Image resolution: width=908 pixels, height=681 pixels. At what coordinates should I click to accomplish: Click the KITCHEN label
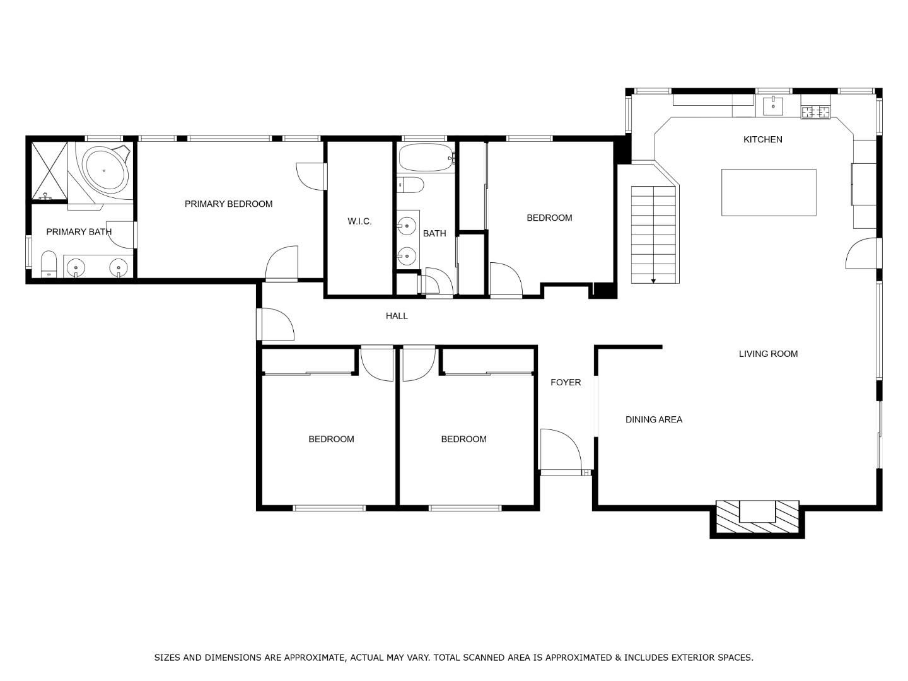click(x=762, y=140)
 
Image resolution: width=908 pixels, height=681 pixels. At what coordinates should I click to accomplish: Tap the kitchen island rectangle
click(x=769, y=192)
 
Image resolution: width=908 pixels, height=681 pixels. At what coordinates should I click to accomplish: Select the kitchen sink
click(x=772, y=105)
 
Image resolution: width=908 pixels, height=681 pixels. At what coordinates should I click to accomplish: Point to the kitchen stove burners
click(x=816, y=112)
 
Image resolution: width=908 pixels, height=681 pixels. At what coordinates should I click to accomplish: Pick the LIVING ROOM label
click(x=768, y=354)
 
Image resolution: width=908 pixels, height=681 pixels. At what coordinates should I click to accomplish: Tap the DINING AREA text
click(x=654, y=420)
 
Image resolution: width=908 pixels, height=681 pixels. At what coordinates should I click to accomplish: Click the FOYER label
click(x=566, y=383)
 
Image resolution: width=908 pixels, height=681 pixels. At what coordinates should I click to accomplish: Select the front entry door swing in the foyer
click(x=561, y=450)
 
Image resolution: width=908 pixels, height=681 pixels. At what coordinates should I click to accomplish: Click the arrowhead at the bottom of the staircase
click(x=653, y=281)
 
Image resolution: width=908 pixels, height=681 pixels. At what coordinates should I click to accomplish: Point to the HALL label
click(x=397, y=316)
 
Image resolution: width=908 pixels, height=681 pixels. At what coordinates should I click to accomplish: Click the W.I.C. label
click(x=359, y=221)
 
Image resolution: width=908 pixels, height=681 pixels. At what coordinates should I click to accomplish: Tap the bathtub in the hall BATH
click(x=427, y=158)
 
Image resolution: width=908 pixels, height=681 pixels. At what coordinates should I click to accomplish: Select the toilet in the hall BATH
click(x=410, y=185)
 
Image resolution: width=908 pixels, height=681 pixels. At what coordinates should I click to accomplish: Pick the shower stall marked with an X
click(x=49, y=171)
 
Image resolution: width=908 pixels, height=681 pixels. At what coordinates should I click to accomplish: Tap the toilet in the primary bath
click(x=49, y=264)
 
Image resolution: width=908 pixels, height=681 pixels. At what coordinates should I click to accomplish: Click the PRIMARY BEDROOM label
click(x=228, y=204)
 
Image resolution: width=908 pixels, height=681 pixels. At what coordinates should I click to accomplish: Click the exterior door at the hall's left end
click(x=275, y=324)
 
